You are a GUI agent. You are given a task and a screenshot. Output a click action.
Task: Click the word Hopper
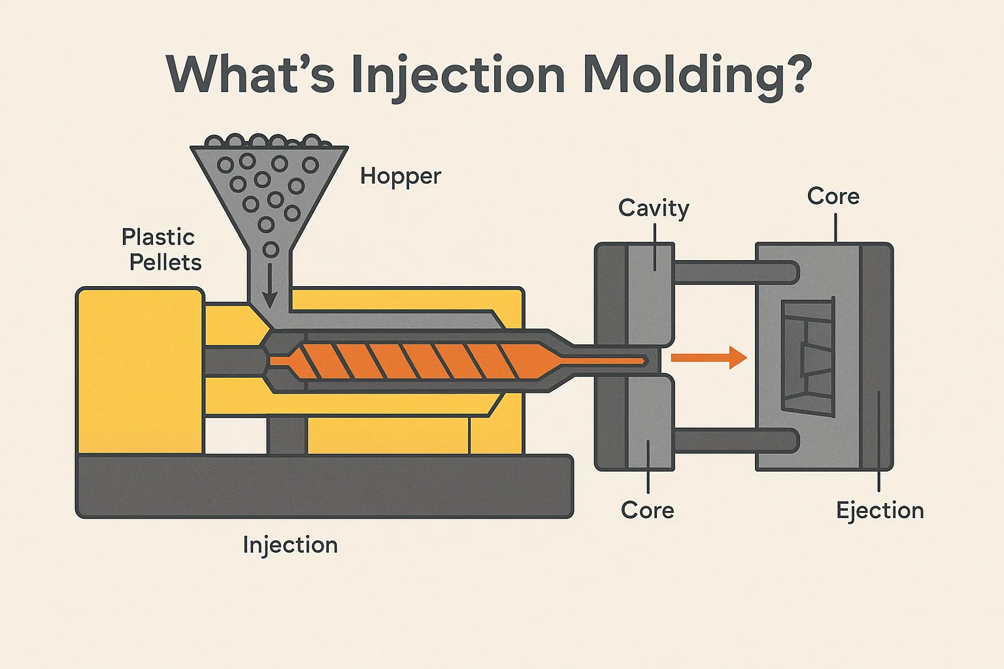[x=401, y=176]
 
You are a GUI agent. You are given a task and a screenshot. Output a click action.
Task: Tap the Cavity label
[x=654, y=208]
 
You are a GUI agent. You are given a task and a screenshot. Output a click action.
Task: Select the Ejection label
[x=880, y=510]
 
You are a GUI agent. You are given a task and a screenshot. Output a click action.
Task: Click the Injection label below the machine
[x=290, y=545]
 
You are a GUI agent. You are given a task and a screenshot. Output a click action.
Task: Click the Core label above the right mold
[x=833, y=196]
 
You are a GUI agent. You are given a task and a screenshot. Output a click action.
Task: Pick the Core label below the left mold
[x=647, y=510]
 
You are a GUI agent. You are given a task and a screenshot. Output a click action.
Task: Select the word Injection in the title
[x=458, y=76]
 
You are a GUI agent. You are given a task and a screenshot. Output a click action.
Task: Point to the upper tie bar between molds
[x=735, y=272]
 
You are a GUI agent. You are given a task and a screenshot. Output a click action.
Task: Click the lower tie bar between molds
[x=735, y=440]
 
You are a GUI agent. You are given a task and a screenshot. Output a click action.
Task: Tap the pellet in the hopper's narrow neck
[x=271, y=250]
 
